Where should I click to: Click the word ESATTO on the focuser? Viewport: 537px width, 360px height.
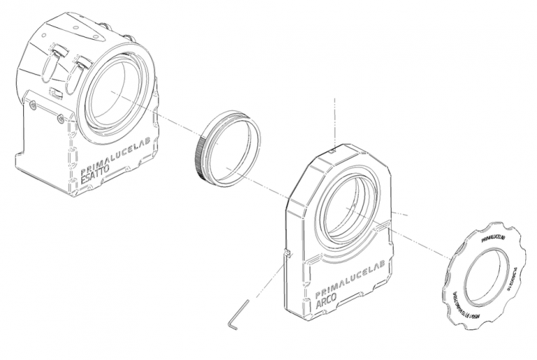coord(96,178)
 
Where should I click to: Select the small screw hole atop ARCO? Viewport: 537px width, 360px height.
coord(334,149)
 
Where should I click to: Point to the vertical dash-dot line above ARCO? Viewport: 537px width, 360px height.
coord(336,119)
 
